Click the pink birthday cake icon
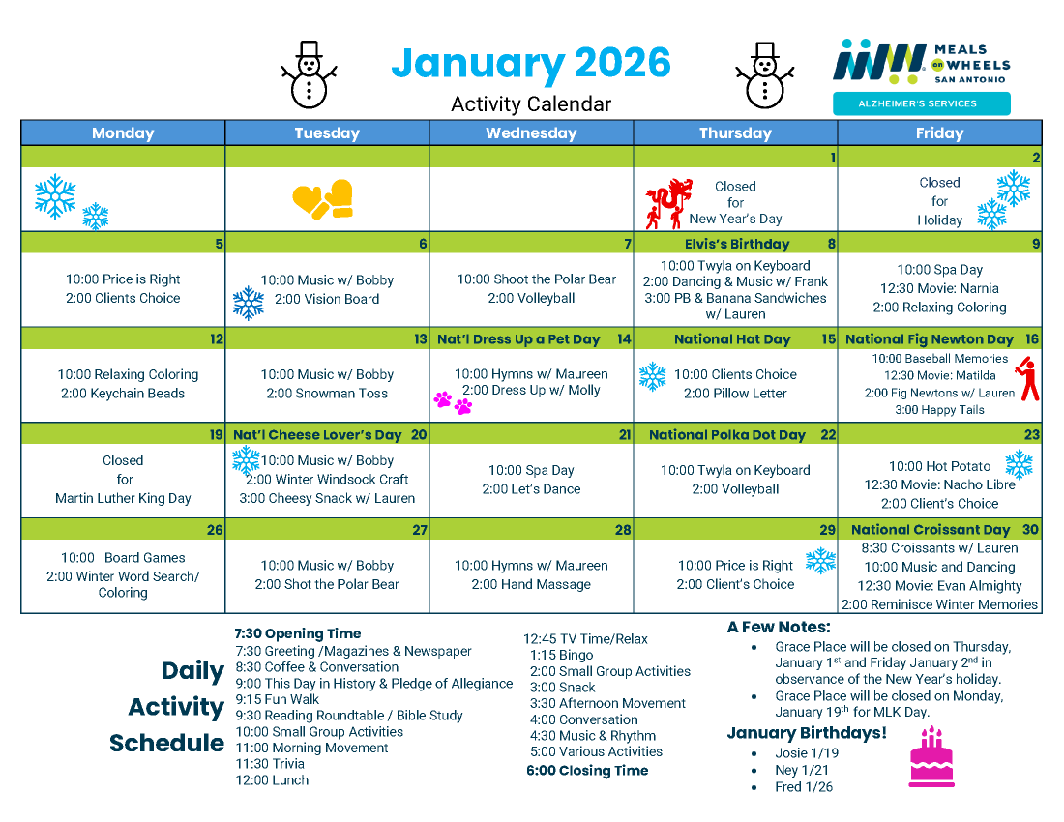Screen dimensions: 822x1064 (931, 756)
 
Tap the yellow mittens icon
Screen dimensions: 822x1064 (323, 199)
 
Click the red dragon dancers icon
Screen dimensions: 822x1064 (668, 203)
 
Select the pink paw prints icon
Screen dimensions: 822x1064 (453, 401)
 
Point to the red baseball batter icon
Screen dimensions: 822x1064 (1029, 380)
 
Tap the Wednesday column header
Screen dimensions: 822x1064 (531, 133)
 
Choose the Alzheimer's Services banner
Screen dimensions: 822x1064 (921, 103)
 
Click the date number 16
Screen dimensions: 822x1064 (1032, 339)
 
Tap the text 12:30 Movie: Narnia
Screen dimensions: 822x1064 (939, 288)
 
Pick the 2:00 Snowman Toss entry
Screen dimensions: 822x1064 (327, 394)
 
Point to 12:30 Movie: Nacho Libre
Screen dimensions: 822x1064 (939, 484)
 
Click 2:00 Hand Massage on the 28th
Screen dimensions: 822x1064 (531, 584)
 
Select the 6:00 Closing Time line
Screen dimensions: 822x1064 (587, 771)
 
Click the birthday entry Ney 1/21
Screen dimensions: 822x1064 (802, 771)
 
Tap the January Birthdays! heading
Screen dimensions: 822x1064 (807, 733)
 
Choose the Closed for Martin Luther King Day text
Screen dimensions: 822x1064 (123, 480)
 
